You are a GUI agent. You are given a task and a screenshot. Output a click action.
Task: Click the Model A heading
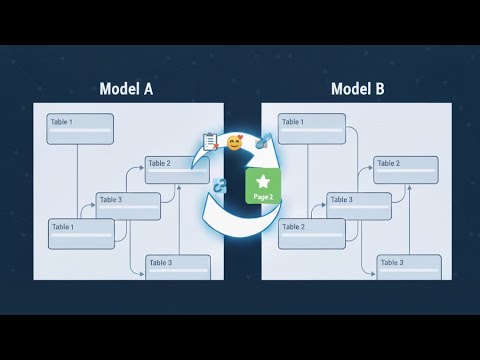point(126,88)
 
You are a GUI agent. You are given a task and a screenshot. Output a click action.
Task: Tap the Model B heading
point(357,88)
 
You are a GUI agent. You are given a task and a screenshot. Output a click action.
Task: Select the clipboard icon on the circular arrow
point(211,141)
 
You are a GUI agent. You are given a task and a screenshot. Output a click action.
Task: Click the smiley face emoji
point(235,143)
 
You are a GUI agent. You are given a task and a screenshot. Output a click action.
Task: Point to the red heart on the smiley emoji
point(241,138)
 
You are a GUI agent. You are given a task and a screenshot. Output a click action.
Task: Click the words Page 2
point(263,198)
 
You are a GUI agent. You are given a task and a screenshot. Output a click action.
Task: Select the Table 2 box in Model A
point(177,169)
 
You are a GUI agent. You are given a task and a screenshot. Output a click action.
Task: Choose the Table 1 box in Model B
point(312,128)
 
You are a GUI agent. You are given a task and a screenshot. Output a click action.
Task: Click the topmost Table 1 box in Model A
point(80,128)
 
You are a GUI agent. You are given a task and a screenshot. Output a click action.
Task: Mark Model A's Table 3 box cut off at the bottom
point(178,267)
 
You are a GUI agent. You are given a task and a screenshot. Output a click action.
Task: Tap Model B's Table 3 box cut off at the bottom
point(409,267)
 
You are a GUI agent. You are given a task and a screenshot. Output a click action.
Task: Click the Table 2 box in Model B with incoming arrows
point(406,169)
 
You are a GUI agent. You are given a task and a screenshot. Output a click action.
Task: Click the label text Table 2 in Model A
point(160,163)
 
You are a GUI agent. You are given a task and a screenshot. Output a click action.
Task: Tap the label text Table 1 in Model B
point(293,122)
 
